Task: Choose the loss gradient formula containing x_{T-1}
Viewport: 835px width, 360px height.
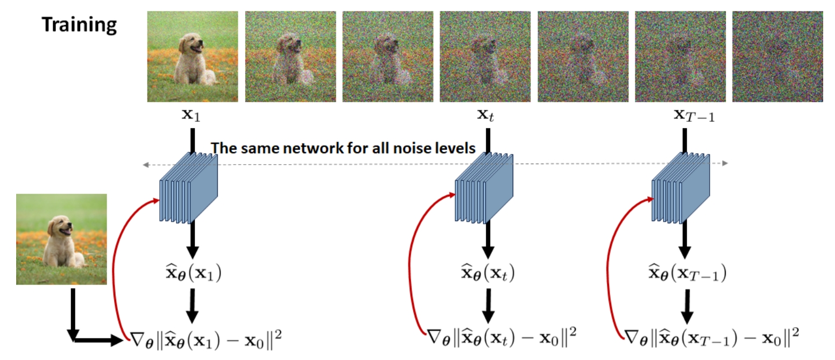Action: click(x=711, y=336)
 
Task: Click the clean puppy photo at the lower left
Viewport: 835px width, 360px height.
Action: click(x=61, y=238)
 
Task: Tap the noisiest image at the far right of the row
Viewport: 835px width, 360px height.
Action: click(x=777, y=57)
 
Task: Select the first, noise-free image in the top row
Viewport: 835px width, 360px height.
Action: click(x=192, y=57)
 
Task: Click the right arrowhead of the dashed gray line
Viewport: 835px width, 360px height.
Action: click(x=725, y=163)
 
